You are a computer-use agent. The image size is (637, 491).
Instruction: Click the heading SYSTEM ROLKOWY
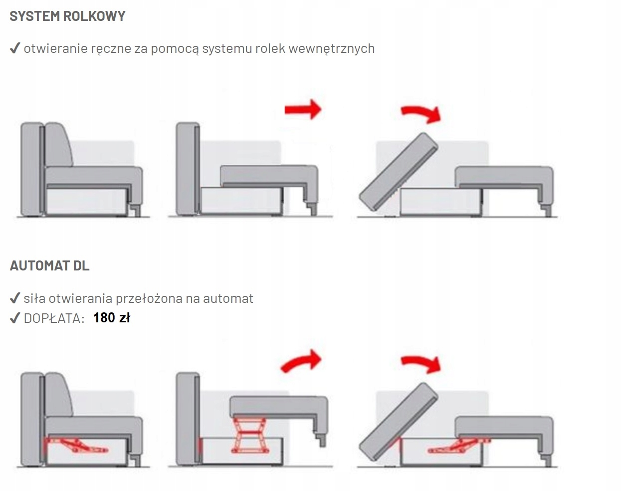(x=67, y=16)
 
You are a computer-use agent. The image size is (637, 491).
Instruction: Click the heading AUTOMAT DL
(x=49, y=265)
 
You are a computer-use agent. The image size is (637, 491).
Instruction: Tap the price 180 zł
(x=111, y=318)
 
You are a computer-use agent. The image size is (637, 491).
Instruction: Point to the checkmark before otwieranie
(x=14, y=48)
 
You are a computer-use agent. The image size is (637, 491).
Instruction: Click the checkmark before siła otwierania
(x=14, y=298)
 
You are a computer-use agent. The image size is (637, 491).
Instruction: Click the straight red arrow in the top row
(x=303, y=109)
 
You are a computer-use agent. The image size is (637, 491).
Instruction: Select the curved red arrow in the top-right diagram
(x=422, y=114)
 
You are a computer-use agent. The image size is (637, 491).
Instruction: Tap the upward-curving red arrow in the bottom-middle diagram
(x=301, y=361)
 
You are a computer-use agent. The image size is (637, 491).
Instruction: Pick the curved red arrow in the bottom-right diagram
(x=422, y=364)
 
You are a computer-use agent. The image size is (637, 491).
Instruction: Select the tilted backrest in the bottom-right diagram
(x=398, y=422)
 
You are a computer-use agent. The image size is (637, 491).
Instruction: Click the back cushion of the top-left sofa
(x=58, y=145)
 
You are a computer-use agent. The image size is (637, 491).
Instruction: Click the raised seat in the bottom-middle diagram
(x=277, y=406)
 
